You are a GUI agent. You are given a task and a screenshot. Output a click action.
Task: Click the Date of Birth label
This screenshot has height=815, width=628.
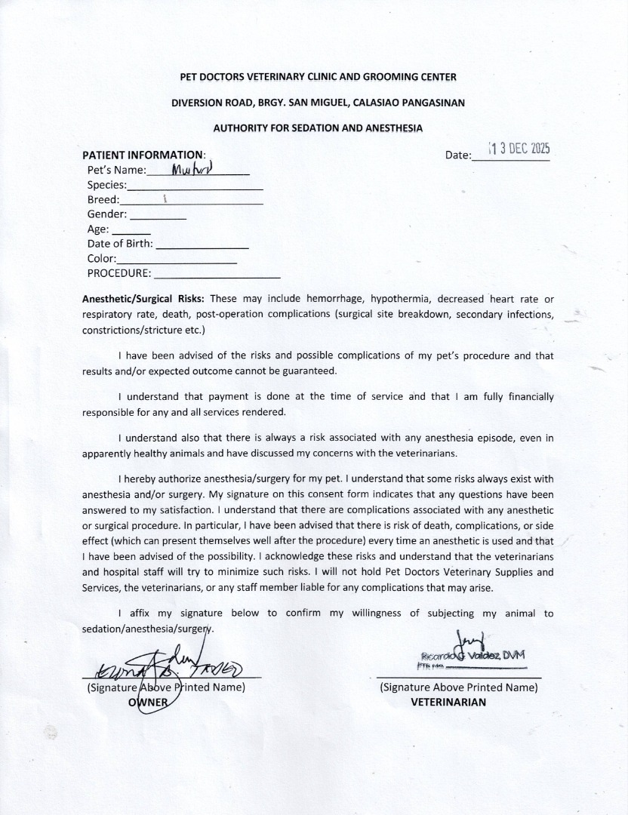pos(120,244)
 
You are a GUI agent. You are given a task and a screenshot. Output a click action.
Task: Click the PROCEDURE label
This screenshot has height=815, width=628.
pos(119,273)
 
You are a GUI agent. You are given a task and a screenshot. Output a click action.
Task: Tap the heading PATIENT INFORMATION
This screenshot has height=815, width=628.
pos(143,155)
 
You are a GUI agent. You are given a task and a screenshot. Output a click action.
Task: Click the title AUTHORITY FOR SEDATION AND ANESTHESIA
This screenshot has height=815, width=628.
pos(318,128)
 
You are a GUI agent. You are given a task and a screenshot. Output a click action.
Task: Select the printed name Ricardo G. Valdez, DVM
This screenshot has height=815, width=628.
pos(476,656)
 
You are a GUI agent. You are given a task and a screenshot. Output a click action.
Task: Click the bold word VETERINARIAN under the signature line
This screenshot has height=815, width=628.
pos(448,702)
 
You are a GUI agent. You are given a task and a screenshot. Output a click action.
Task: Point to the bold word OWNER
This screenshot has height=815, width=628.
pos(148,702)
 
